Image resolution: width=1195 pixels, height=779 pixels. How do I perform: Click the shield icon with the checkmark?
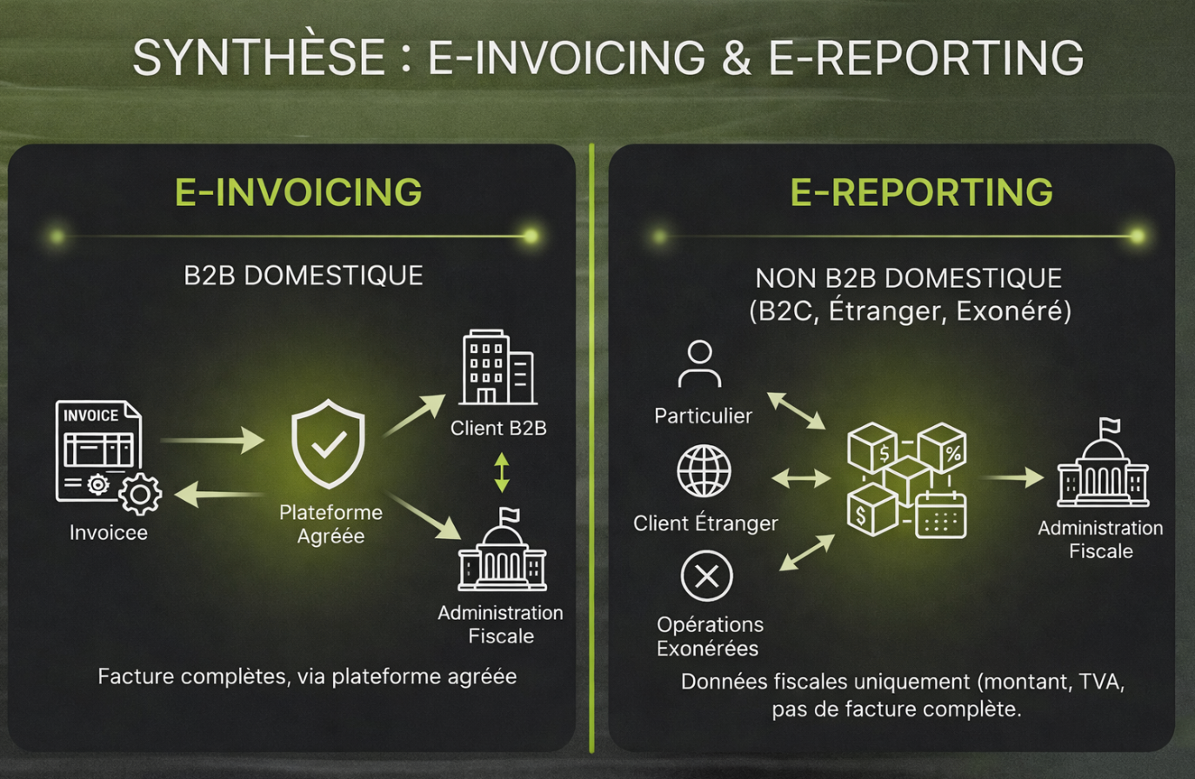coord(328,443)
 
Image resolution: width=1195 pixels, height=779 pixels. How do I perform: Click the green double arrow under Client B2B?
coord(502,472)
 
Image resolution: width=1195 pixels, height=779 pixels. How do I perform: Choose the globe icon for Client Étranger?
coord(704,471)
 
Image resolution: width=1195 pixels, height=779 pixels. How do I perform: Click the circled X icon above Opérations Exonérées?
coord(706,576)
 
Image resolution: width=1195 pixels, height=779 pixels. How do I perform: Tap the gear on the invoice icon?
coord(140,494)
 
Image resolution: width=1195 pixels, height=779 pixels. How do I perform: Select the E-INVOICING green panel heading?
coord(298,192)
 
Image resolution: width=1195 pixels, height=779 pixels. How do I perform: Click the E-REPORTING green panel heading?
coord(921,192)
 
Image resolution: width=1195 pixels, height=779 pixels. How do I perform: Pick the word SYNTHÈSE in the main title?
coord(258,57)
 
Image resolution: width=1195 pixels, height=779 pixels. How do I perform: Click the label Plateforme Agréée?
coord(330,524)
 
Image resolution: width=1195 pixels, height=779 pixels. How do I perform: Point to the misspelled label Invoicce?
coord(109,532)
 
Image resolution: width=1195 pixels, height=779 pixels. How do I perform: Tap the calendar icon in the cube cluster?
coord(942,515)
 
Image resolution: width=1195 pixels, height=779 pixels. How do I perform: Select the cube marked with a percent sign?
coord(943,449)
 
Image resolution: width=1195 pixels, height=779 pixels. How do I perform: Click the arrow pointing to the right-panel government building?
coord(1012,477)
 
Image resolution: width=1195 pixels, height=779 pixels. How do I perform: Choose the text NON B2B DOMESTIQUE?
coord(909,278)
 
